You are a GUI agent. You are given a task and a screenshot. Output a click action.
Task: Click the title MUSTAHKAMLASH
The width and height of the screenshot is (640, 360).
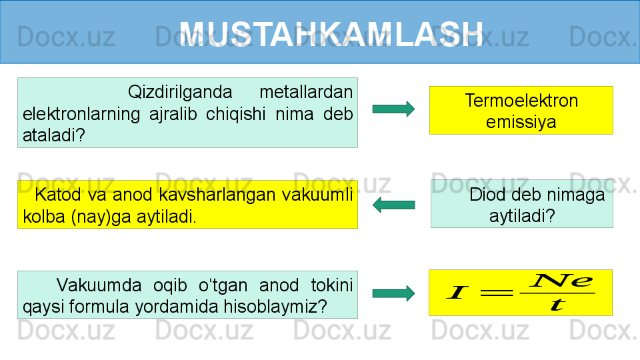(x=331, y=34)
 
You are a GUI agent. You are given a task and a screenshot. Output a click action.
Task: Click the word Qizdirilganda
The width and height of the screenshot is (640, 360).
(x=180, y=92)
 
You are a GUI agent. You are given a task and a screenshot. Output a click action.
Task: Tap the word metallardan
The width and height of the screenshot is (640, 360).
(x=306, y=92)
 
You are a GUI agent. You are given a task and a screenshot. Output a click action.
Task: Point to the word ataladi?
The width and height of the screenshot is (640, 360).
(x=54, y=135)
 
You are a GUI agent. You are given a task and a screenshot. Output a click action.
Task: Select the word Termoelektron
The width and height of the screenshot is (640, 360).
(x=521, y=101)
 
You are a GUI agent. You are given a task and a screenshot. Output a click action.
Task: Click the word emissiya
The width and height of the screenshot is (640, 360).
(x=521, y=122)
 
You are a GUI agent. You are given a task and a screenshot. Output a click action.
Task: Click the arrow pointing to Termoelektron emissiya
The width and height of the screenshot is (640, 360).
(x=393, y=109)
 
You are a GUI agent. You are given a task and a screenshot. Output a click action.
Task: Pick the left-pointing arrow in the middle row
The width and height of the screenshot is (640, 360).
(x=393, y=205)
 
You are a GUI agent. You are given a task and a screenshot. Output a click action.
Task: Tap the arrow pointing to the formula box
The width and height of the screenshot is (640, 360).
(x=393, y=293)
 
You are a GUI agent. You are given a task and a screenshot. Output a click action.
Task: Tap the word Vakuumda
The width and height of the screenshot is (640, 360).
(x=99, y=285)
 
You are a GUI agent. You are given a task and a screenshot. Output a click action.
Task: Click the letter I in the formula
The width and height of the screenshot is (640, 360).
(x=457, y=292)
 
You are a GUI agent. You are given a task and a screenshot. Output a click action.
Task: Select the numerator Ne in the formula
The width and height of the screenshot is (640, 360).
(x=561, y=281)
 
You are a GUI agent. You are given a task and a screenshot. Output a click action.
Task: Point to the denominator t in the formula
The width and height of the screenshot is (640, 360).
(x=557, y=305)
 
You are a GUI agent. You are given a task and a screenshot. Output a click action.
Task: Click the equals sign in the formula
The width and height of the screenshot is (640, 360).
(x=496, y=292)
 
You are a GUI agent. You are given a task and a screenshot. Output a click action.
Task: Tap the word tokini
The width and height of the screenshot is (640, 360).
(x=332, y=285)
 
